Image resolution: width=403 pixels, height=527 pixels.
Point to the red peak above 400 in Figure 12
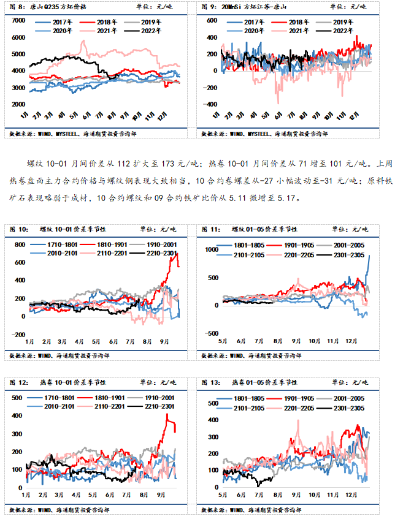point(166,415)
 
